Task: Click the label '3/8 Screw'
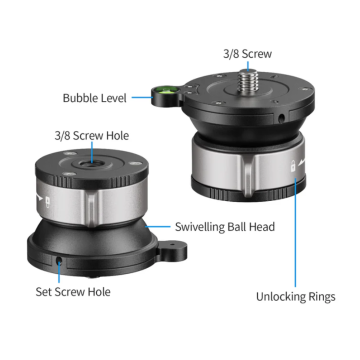(x=247, y=54)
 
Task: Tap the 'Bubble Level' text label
(x=95, y=98)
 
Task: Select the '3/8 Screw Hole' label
(x=92, y=136)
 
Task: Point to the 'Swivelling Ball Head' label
(x=225, y=227)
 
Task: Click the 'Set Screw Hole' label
(x=73, y=292)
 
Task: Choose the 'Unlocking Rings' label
(x=296, y=296)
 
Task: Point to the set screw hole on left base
(x=59, y=260)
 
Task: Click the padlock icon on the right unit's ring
(x=293, y=165)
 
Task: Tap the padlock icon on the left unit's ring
(x=47, y=201)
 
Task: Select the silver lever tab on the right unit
(x=247, y=175)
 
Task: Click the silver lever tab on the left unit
(x=91, y=208)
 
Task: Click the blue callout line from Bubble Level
(x=142, y=98)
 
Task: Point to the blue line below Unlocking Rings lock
(x=295, y=232)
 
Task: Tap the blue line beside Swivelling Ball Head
(x=157, y=227)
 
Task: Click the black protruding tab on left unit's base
(x=172, y=251)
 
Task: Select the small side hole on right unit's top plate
(x=282, y=117)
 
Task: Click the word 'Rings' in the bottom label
(x=321, y=296)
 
